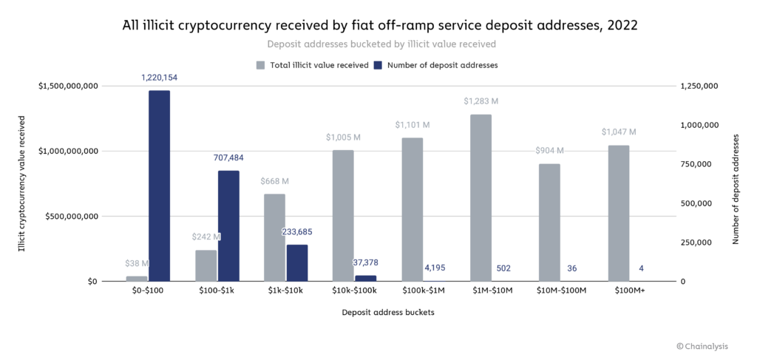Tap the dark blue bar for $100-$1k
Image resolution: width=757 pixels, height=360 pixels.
pyautogui.click(x=228, y=226)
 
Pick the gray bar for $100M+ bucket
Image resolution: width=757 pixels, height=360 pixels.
pyautogui.click(x=619, y=214)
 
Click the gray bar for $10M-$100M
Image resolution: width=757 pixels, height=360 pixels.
pyautogui.click(x=550, y=223)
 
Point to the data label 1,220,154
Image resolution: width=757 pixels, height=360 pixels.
pyautogui.click(x=159, y=78)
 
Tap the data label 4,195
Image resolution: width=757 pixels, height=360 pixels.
pyautogui.click(x=434, y=268)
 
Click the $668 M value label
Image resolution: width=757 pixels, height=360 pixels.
pyautogui.click(x=274, y=181)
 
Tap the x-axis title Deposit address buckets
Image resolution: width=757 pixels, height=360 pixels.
pyautogui.click(x=387, y=312)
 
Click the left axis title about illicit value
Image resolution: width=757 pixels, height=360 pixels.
pyautogui.click(x=21, y=183)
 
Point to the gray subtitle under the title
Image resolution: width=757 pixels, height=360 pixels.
pyautogui.click(x=378, y=45)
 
